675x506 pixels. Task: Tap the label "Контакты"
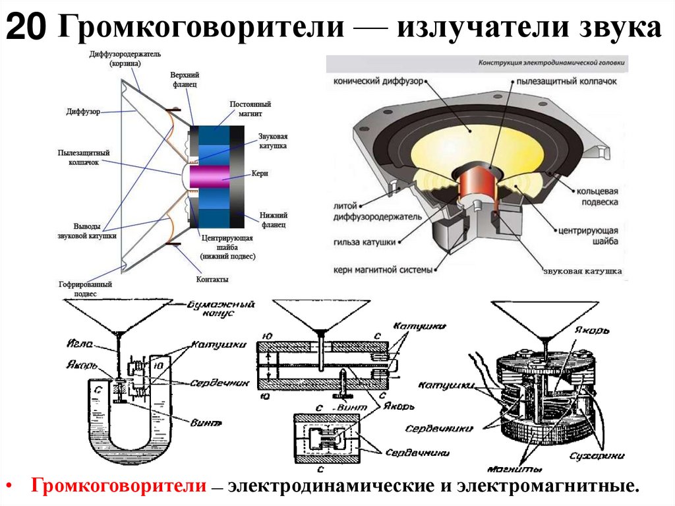tap(212, 280)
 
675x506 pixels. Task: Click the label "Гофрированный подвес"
tap(85, 288)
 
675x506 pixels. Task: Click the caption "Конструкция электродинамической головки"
tap(552, 65)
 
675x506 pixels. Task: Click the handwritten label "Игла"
tap(76, 344)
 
